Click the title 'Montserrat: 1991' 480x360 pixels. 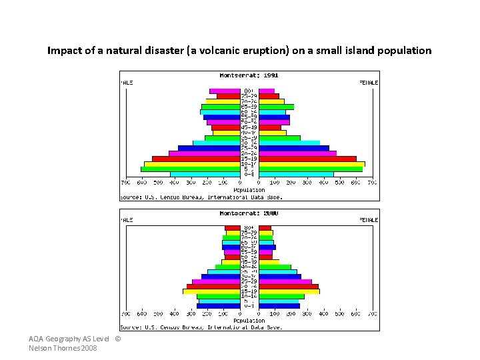coord(249,74)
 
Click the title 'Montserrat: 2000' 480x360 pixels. coord(249,213)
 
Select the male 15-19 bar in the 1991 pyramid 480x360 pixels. coord(196,158)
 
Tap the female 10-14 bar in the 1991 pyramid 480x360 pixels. coord(311,163)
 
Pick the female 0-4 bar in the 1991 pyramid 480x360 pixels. coord(296,175)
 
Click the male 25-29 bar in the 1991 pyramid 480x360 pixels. coord(209,148)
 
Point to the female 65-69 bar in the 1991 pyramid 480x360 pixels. coord(276,107)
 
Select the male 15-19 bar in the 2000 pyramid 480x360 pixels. coord(211,291)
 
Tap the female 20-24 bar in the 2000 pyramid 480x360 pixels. coord(289,286)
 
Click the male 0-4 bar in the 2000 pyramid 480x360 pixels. coord(218,306)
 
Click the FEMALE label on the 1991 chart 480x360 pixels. coord(369,83)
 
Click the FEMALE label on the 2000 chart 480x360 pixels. coord(369,219)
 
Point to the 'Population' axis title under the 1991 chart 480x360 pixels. coord(249,190)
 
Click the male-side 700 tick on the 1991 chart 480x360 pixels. coord(125,182)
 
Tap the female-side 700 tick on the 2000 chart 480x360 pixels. coord(372,313)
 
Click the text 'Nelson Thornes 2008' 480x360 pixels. coord(63,349)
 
